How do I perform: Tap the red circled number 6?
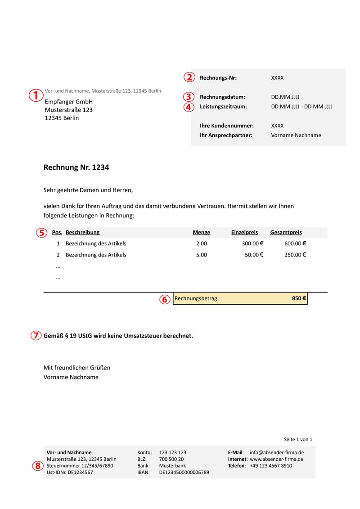tap(165, 299)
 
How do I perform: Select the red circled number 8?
tap(37, 466)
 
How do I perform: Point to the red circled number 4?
tap(189, 107)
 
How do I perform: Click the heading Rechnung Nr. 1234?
tap(76, 167)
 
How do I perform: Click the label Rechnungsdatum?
tap(222, 97)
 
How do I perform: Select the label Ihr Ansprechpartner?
tap(226, 135)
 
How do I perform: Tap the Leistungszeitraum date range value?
tap(301, 107)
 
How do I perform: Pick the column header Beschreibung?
tap(82, 232)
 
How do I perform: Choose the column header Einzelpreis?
tap(244, 232)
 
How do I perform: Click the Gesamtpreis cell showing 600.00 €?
tap(295, 243)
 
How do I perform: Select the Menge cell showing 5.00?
tap(201, 255)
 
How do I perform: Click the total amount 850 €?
tap(299, 298)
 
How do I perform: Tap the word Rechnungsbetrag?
tap(196, 298)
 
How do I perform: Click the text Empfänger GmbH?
tap(68, 102)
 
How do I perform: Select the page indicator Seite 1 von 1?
tap(298, 439)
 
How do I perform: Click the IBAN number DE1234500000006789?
tap(184, 473)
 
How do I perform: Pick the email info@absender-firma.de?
tap(276, 452)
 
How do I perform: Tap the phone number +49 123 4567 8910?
tap(270, 466)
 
